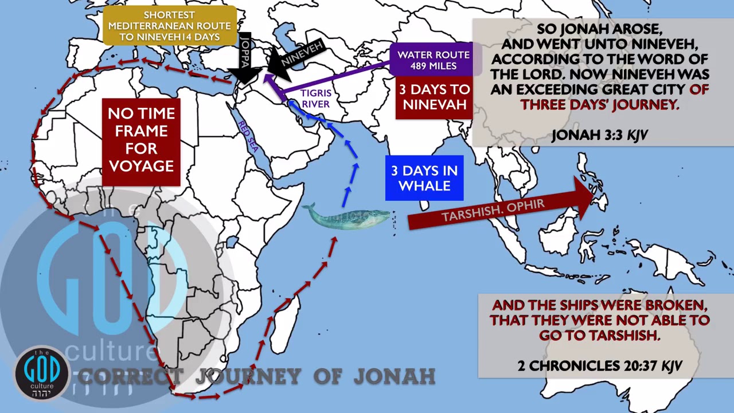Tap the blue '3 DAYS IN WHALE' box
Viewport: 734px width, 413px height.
point(424,178)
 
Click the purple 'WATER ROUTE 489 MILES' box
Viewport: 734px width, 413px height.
point(434,60)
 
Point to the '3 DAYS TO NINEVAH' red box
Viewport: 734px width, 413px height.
point(434,97)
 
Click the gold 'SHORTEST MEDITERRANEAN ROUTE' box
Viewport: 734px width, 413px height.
point(169,26)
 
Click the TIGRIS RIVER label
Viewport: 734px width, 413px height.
point(316,98)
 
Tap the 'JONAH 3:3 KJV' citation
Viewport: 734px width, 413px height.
point(599,135)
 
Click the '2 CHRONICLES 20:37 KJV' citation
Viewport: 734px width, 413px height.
point(599,365)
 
